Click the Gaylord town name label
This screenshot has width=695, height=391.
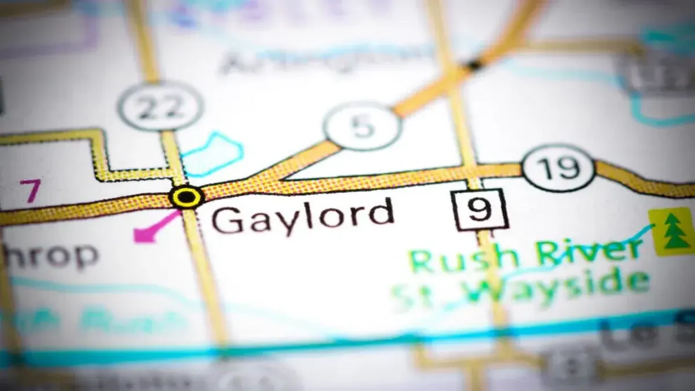click(x=302, y=215)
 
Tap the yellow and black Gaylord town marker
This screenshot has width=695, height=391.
click(x=186, y=197)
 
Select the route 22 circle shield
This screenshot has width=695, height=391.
click(x=160, y=107)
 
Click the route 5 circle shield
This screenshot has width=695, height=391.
click(x=363, y=126)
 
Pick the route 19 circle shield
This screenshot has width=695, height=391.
click(x=558, y=168)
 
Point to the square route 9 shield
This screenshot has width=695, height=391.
click(x=480, y=209)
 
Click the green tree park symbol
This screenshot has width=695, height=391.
click(x=672, y=231)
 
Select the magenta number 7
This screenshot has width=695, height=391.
click(x=30, y=191)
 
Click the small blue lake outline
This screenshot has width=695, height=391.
click(x=212, y=154)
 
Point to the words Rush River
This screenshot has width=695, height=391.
click(x=524, y=255)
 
